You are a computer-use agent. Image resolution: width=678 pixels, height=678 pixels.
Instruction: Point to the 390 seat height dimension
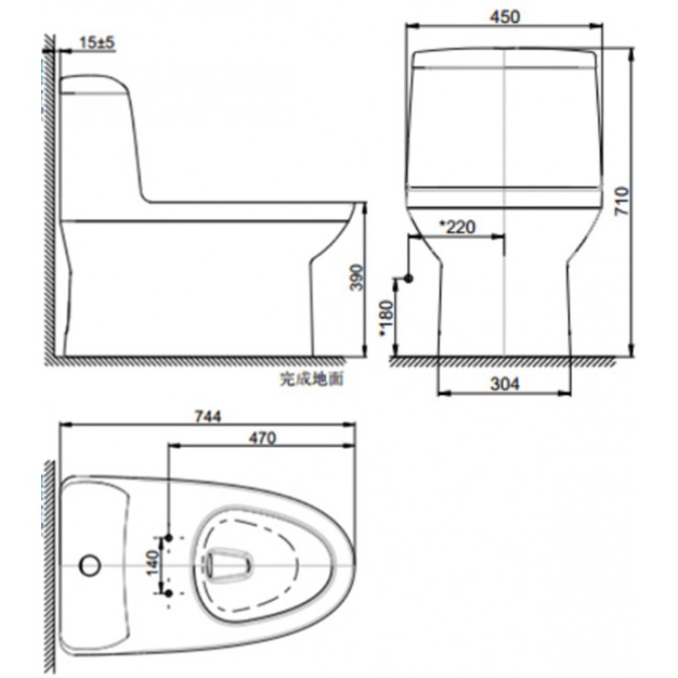(357, 279)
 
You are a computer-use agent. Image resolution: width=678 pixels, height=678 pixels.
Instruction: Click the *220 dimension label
(457, 226)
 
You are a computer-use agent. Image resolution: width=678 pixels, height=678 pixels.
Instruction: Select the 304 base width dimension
(504, 384)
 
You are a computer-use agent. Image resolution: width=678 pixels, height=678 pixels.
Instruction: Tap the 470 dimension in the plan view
(262, 438)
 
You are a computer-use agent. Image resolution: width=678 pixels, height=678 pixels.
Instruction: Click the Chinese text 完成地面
(312, 377)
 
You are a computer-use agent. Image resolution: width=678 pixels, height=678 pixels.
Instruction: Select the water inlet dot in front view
(410, 278)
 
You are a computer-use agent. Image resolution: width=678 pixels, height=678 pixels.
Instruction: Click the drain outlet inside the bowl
(226, 565)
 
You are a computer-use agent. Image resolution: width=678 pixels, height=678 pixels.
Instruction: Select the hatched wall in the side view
(49, 202)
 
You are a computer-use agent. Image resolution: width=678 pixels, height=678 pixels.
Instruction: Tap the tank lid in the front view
(506, 60)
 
